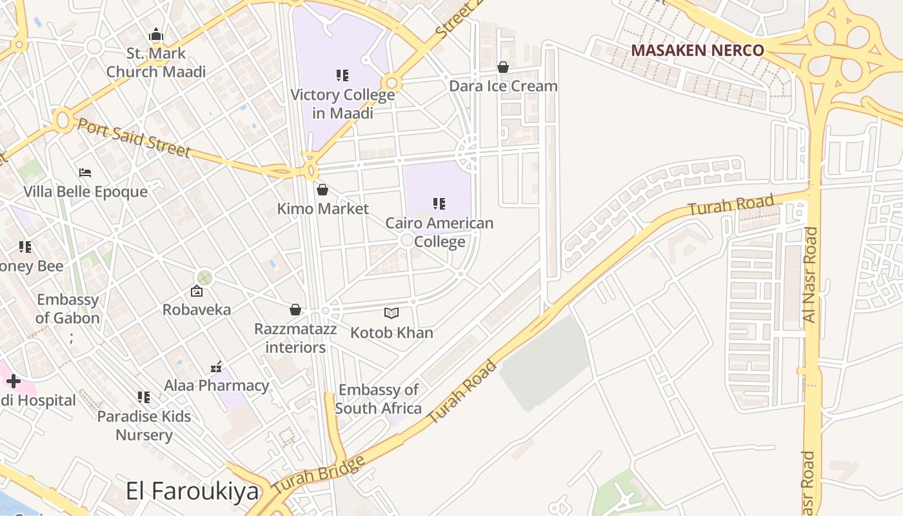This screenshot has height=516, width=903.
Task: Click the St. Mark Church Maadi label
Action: tap(156, 63)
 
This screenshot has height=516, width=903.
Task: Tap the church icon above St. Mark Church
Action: tap(156, 35)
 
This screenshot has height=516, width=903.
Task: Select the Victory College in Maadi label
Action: tap(342, 103)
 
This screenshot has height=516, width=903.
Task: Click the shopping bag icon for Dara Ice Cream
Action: tap(503, 67)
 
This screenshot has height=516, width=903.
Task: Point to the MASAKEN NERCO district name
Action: tap(697, 50)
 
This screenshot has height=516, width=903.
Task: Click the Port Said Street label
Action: tap(134, 137)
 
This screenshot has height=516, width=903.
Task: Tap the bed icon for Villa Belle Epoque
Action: tap(85, 173)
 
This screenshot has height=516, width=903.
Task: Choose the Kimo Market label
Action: tap(322, 209)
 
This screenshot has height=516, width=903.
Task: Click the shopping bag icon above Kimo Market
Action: tap(322, 190)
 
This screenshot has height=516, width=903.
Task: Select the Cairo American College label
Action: tap(439, 232)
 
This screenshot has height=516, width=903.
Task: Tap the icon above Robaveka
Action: tap(197, 292)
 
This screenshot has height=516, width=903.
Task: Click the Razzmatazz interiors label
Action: tap(295, 338)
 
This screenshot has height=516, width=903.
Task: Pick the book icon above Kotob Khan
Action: tap(392, 313)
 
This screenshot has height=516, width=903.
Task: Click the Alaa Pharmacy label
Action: tap(217, 386)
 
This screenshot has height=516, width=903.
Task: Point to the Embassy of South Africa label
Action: tap(378, 399)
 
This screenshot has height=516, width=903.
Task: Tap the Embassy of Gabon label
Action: tap(68, 309)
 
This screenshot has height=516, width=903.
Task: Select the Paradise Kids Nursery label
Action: tap(144, 425)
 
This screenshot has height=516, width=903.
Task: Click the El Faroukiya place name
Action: tap(192, 491)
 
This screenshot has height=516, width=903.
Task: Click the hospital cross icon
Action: tap(13, 381)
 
